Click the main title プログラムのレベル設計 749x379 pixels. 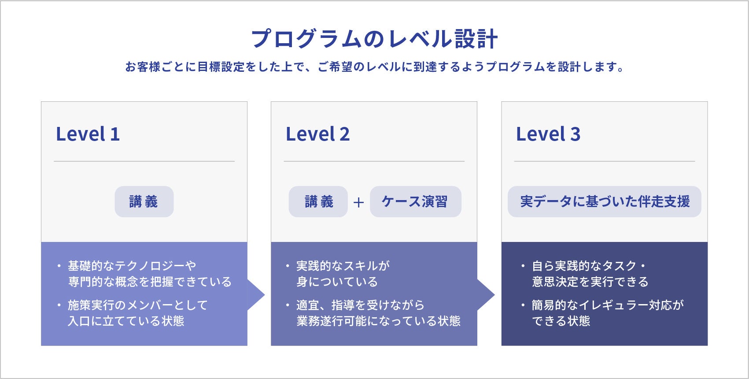point(374,39)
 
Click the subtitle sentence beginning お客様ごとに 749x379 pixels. point(374,67)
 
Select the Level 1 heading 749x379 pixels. point(88,134)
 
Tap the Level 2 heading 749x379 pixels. point(317,134)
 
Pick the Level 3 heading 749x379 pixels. point(548,134)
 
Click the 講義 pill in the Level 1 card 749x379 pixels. point(144,201)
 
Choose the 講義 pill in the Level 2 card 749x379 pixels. point(318,201)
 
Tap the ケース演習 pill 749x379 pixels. point(415,201)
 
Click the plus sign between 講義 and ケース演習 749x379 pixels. point(358,202)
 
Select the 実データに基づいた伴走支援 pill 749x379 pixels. point(604,201)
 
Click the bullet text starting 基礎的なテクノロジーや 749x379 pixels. point(149,274)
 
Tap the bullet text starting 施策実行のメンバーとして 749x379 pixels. point(137,313)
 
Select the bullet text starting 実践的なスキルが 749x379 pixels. point(343,274)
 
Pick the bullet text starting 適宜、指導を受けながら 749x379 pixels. point(378,313)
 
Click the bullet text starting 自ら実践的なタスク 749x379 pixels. point(590,274)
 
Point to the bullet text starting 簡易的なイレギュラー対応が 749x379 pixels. point(607,313)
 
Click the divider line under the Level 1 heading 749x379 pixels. point(144,161)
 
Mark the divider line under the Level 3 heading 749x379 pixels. point(604,161)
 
